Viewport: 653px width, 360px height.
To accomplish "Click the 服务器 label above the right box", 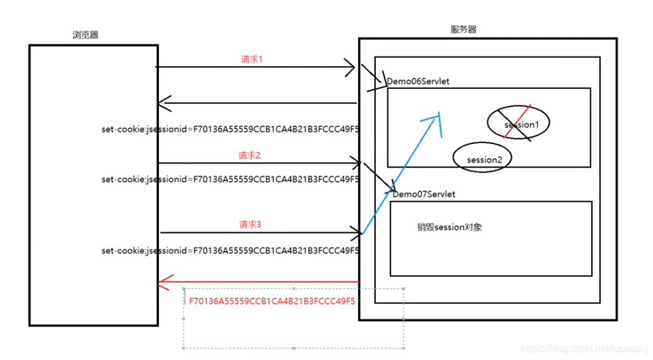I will coord(463,29).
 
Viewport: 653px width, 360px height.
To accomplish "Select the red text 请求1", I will coord(252,60).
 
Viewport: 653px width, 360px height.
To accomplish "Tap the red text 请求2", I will coord(249,154).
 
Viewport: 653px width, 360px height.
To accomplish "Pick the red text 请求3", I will coord(249,224).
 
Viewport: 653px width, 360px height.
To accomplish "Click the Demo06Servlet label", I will coord(418,82).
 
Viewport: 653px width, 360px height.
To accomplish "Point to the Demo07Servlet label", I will coord(424,194).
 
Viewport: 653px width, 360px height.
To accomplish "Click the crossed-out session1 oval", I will coord(519,124).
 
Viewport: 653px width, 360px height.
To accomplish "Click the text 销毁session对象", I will coord(449,228).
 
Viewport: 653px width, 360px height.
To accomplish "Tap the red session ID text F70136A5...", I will coord(272,301).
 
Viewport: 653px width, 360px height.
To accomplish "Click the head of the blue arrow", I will coord(439,116).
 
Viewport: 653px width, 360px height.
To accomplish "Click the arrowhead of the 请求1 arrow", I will coord(351,67).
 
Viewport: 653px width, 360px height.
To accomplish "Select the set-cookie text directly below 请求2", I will coord(230,179).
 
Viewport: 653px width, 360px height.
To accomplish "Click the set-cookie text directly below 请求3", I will coord(230,250).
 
